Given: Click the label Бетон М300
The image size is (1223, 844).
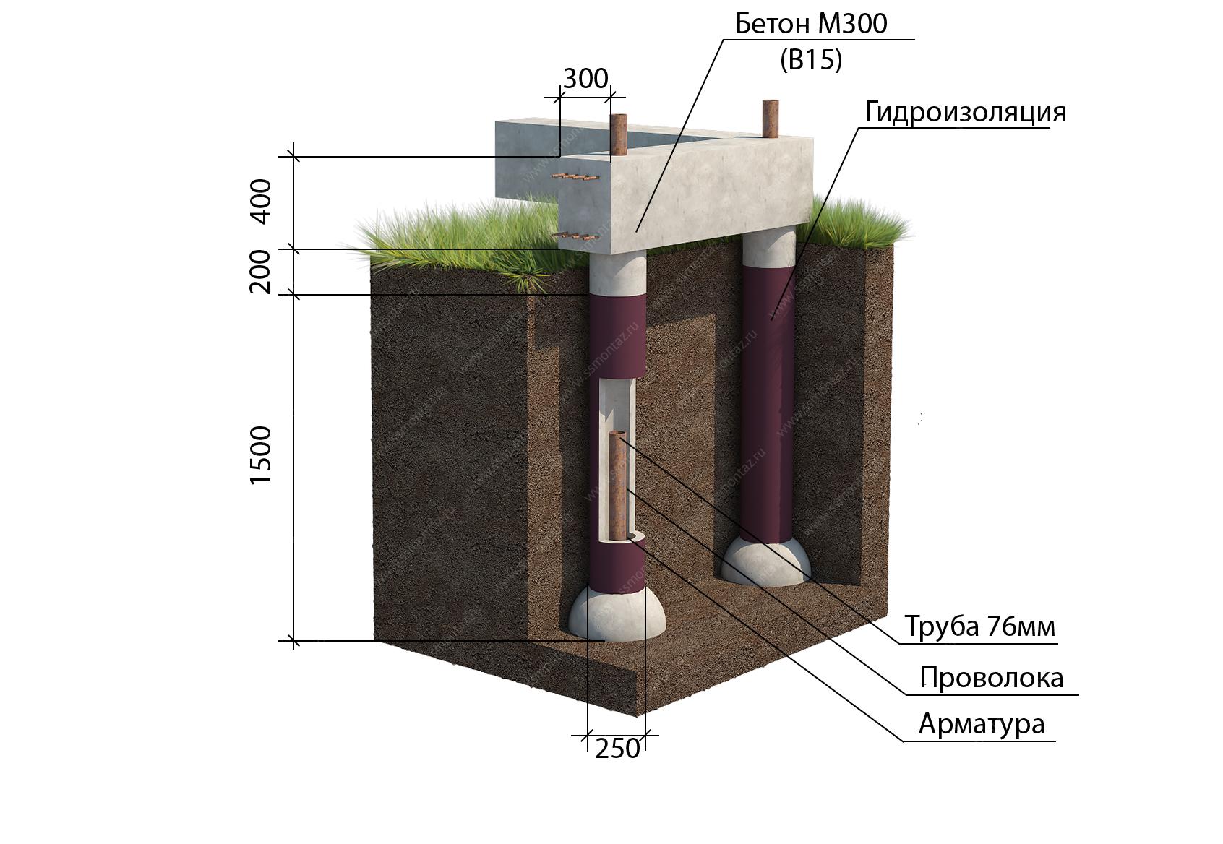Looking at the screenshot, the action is [811, 24].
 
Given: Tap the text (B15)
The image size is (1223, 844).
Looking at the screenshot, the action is [811, 60].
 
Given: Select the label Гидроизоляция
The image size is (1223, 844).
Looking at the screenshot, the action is [965, 113].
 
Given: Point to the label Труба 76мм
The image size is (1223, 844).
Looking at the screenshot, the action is [980, 626].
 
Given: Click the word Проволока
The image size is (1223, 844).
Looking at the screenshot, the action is [992, 678].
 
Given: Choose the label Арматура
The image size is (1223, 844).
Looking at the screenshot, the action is [982, 725].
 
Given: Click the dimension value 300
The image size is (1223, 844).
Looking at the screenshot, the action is [585, 79].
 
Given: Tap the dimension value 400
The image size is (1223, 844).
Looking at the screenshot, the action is [261, 202].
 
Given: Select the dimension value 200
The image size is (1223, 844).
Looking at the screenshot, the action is [260, 272].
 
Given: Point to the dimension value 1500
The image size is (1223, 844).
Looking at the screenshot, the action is [260, 455].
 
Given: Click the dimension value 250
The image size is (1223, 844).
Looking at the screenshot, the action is [617, 749].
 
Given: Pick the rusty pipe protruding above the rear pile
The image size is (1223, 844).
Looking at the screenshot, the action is [771, 119].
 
